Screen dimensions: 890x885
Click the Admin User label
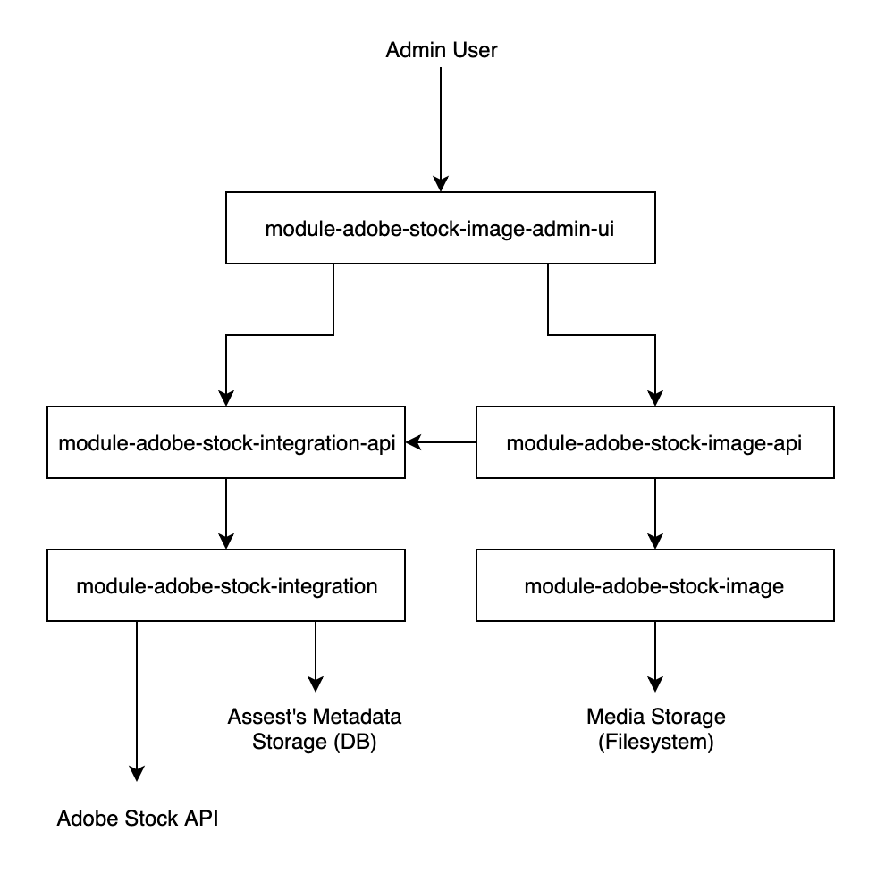point(441,50)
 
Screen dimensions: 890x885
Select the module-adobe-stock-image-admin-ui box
point(441,229)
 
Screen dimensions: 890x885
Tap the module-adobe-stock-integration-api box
point(225,442)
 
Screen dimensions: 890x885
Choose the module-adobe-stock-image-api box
point(654,442)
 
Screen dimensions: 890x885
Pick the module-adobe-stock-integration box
point(225,586)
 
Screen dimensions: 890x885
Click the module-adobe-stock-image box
point(654,586)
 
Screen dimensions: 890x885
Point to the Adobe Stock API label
point(137,819)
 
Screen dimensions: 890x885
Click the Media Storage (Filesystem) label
point(655,729)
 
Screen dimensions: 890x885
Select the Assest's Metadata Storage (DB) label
point(314,729)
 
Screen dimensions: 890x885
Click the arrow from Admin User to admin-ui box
point(441,125)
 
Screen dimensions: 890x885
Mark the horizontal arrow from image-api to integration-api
point(442,442)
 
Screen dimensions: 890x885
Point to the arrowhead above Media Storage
point(655,684)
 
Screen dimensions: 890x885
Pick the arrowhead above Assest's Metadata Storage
point(316,684)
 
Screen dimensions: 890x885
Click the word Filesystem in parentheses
point(655,743)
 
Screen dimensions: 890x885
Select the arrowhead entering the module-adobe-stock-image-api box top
point(655,399)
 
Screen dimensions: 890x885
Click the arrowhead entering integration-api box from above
point(225,399)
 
